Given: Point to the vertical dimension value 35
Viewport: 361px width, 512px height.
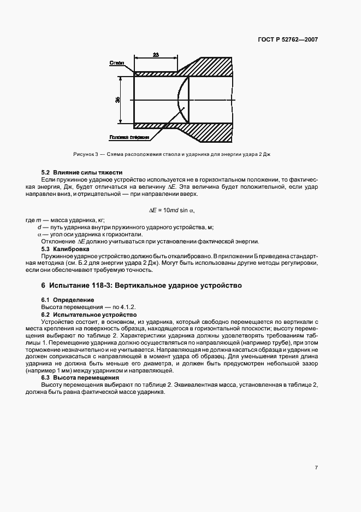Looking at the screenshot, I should pyautogui.click(x=117, y=100).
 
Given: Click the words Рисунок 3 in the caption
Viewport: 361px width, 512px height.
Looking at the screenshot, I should pyautogui.click(x=85, y=154).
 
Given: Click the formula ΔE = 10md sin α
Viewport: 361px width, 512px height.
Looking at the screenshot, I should pyautogui.click(x=172, y=210).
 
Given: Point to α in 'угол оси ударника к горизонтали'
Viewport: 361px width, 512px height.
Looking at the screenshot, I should pyautogui.click(x=39, y=234).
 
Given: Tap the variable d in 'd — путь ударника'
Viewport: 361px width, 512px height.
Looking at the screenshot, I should pyautogui.click(x=39, y=227).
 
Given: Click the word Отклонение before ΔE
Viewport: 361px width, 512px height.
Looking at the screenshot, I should pyautogui.click(x=57, y=242).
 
